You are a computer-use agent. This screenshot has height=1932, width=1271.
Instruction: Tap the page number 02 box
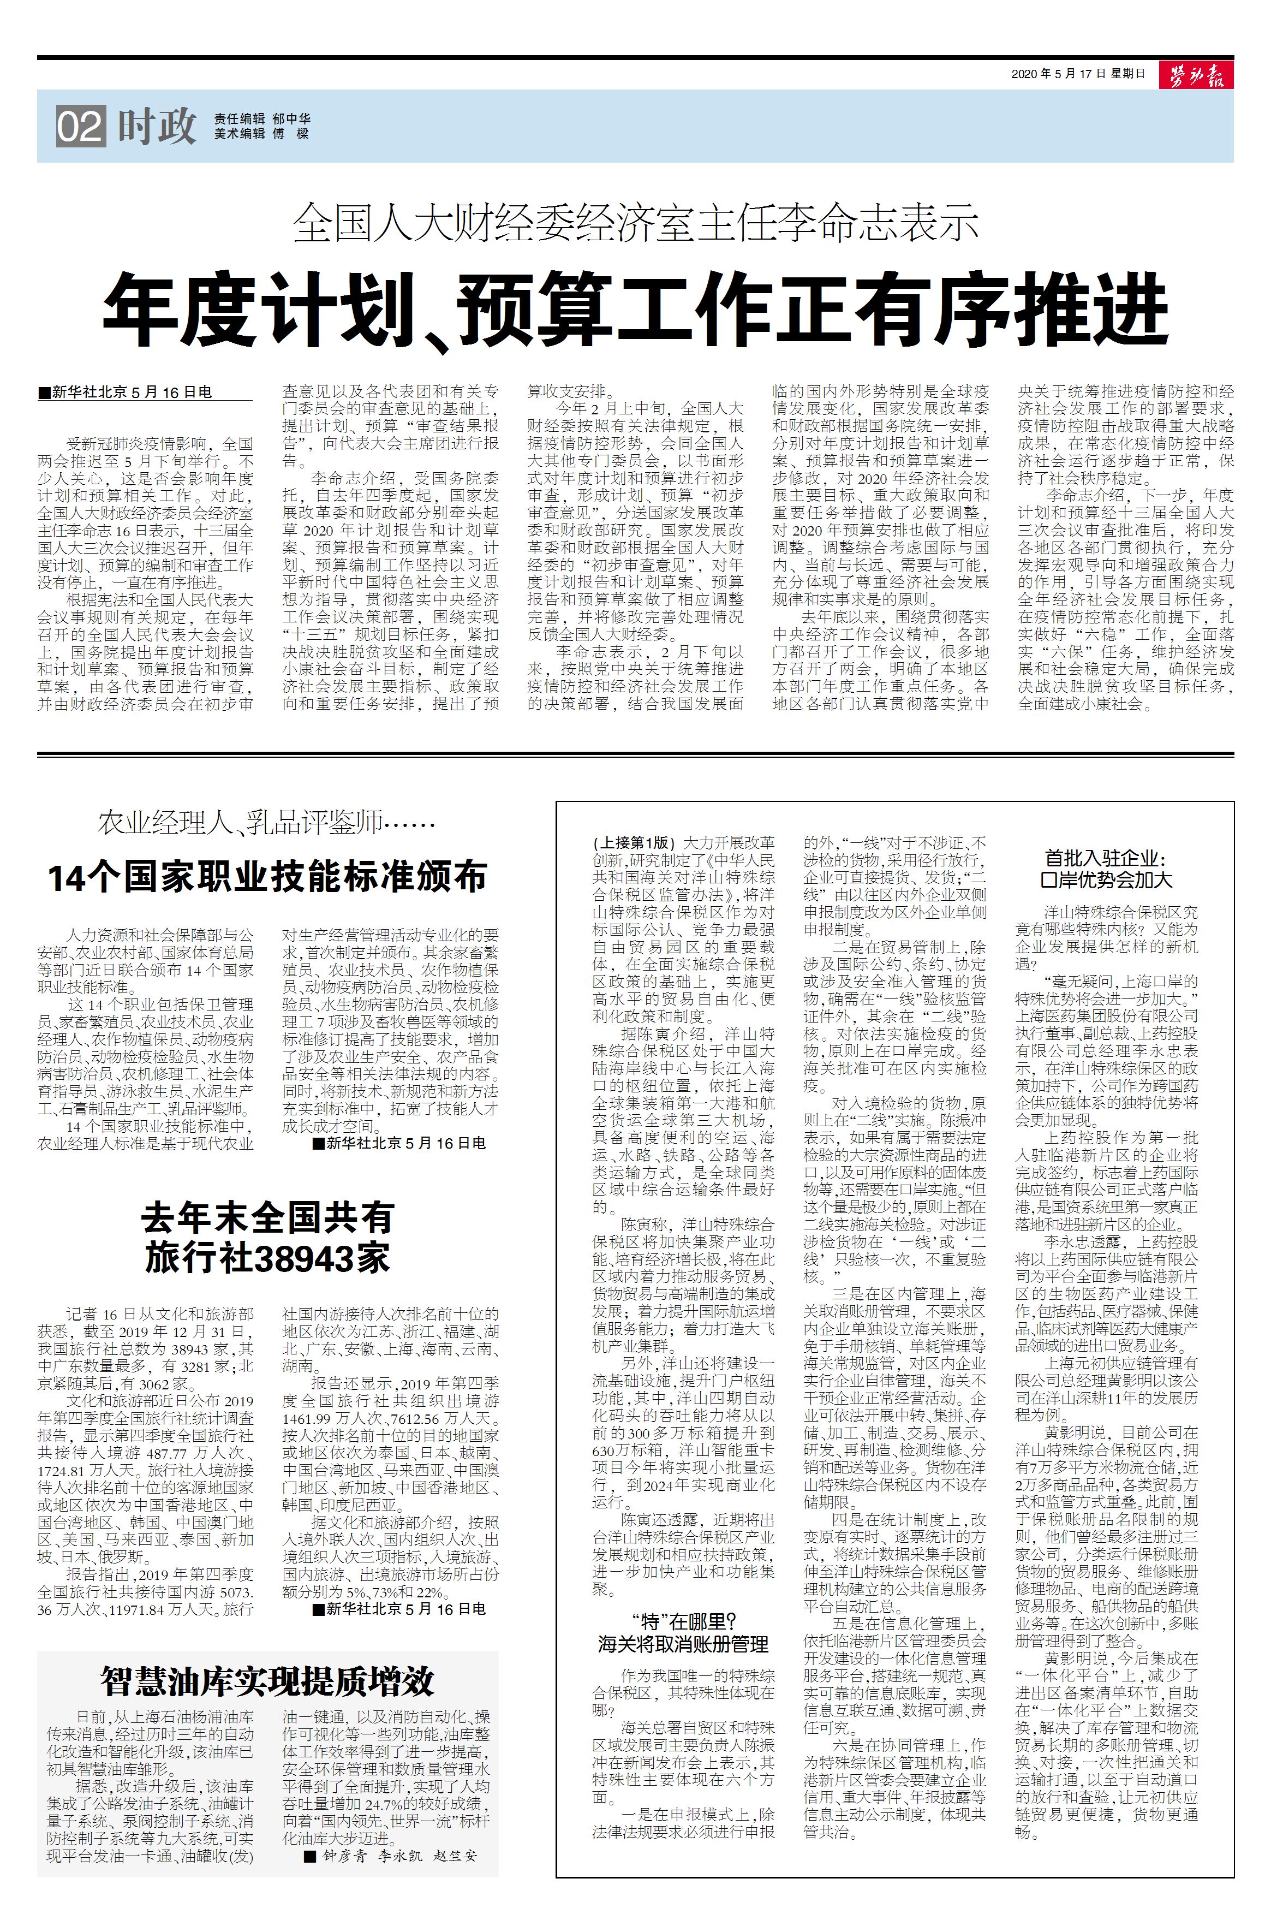pos(80,127)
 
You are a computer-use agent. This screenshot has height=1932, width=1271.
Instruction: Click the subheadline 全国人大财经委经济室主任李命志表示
pos(635,222)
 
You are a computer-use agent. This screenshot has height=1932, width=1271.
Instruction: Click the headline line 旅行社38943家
pos(268,1259)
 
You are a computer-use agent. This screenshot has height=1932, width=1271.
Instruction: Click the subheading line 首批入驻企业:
pos(1106,859)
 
